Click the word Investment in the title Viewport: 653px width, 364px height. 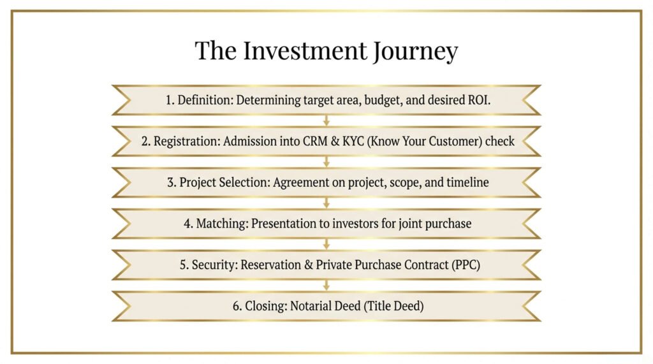coord(305,50)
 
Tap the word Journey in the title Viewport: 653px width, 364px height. coord(416,52)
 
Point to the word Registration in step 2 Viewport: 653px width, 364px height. coord(186,141)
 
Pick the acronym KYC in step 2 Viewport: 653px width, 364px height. coord(353,141)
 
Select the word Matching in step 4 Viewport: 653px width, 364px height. coord(222,224)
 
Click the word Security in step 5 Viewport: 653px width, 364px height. coord(214,265)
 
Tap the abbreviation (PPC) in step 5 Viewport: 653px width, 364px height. coord(466,265)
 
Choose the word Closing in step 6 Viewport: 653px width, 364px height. coord(266,306)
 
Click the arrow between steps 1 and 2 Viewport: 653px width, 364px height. coord(326,120)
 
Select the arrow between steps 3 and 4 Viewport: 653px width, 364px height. coord(326,203)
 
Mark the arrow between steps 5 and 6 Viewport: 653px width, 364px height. coord(326,286)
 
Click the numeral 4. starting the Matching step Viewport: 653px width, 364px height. coord(188,224)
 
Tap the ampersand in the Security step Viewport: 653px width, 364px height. coord(309,265)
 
